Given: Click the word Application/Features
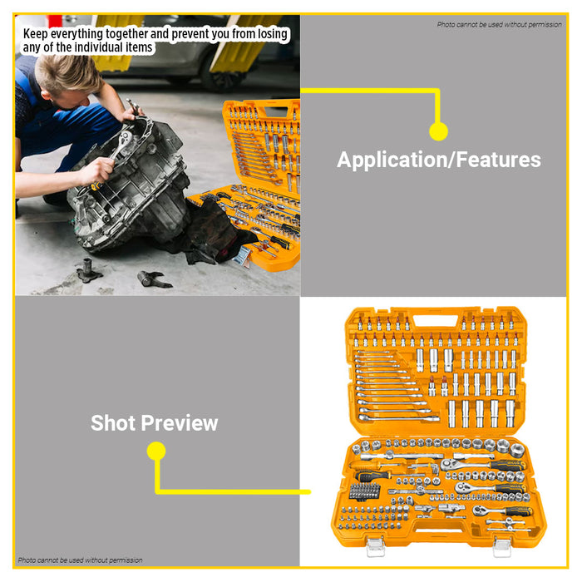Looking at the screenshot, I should pyautogui.click(x=438, y=160).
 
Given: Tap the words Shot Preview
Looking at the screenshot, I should pyautogui.click(x=154, y=422).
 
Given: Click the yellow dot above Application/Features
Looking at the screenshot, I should pyautogui.click(x=438, y=131).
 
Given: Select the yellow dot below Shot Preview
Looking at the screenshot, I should pyautogui.click(x=155, y=451).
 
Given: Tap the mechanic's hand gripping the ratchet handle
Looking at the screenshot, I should pyautogui.click(x=98, y=170).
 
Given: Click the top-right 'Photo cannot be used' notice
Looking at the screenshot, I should pyautogui.click(x=499, y=24).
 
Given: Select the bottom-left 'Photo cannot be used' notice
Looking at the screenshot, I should pyautogui.click(x=80, y=560).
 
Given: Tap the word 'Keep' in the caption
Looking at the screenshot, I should pyautogui.click(x=36, y=34).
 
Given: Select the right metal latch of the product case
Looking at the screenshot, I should pyautogui.click(x=501, y=547).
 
